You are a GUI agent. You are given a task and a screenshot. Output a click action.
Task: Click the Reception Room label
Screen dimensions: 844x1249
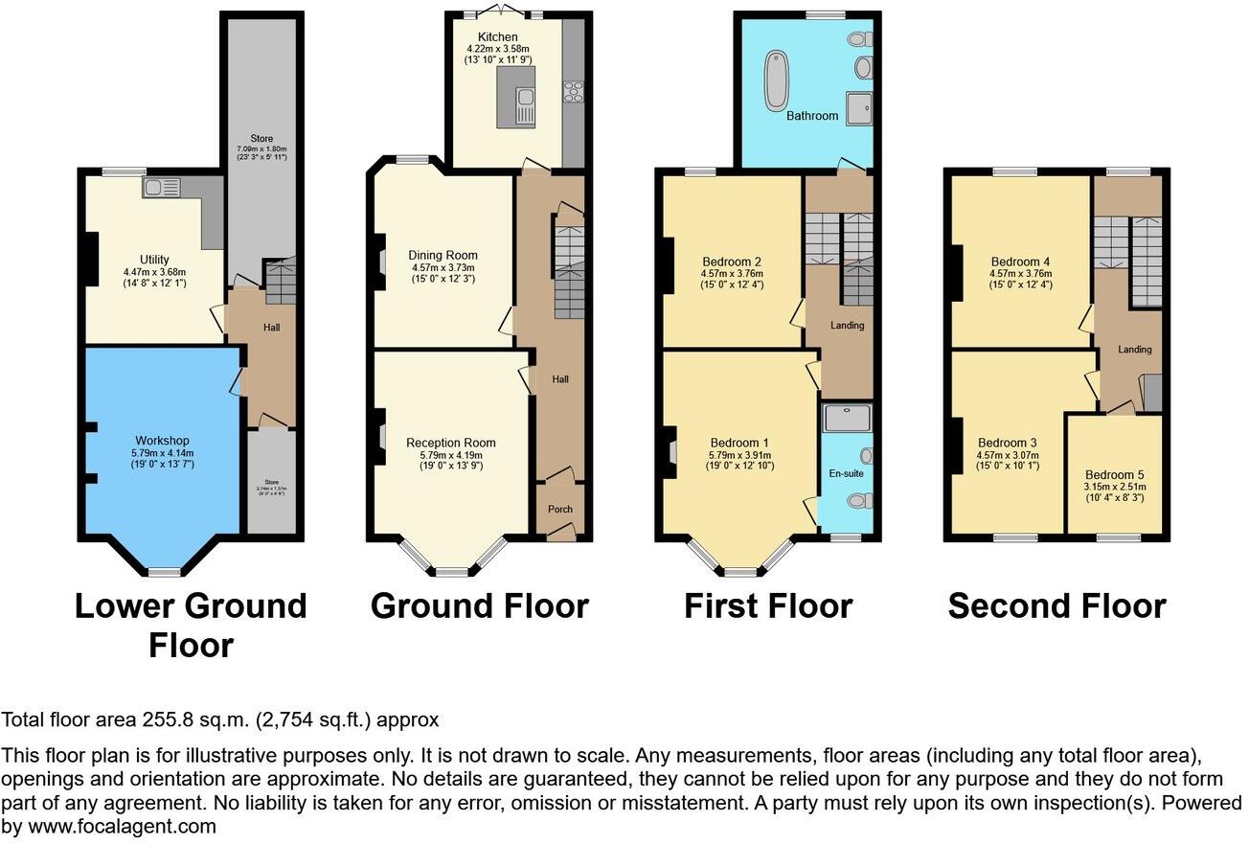click(451, 443)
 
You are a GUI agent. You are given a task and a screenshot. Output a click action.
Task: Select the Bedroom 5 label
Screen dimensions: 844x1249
click(1114, 474)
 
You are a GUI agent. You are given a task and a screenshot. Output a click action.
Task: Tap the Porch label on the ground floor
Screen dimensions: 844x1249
click(559, 509)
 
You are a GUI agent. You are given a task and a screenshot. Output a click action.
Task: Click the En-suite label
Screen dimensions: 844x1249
click(847, 473)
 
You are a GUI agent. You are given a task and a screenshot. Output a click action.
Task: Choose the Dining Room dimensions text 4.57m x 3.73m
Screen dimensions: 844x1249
click(443, 267)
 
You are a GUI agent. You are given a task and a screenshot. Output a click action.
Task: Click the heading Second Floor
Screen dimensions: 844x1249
click(1056, 606)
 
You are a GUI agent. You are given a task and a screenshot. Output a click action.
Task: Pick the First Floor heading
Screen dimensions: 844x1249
click(767, 606)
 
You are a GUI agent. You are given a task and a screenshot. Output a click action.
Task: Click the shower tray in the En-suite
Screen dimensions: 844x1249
click(849, 417)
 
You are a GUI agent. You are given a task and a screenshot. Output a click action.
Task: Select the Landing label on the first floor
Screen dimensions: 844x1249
click(847, 326)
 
